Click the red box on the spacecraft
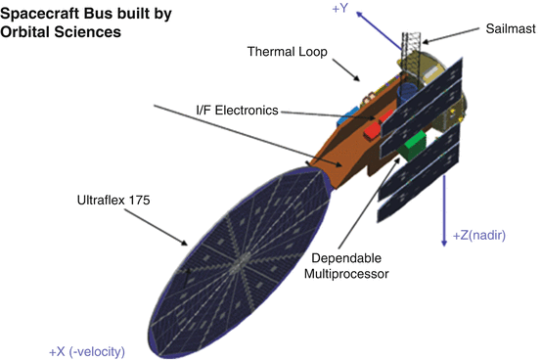373,129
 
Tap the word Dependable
346,259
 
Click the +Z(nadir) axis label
485,237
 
